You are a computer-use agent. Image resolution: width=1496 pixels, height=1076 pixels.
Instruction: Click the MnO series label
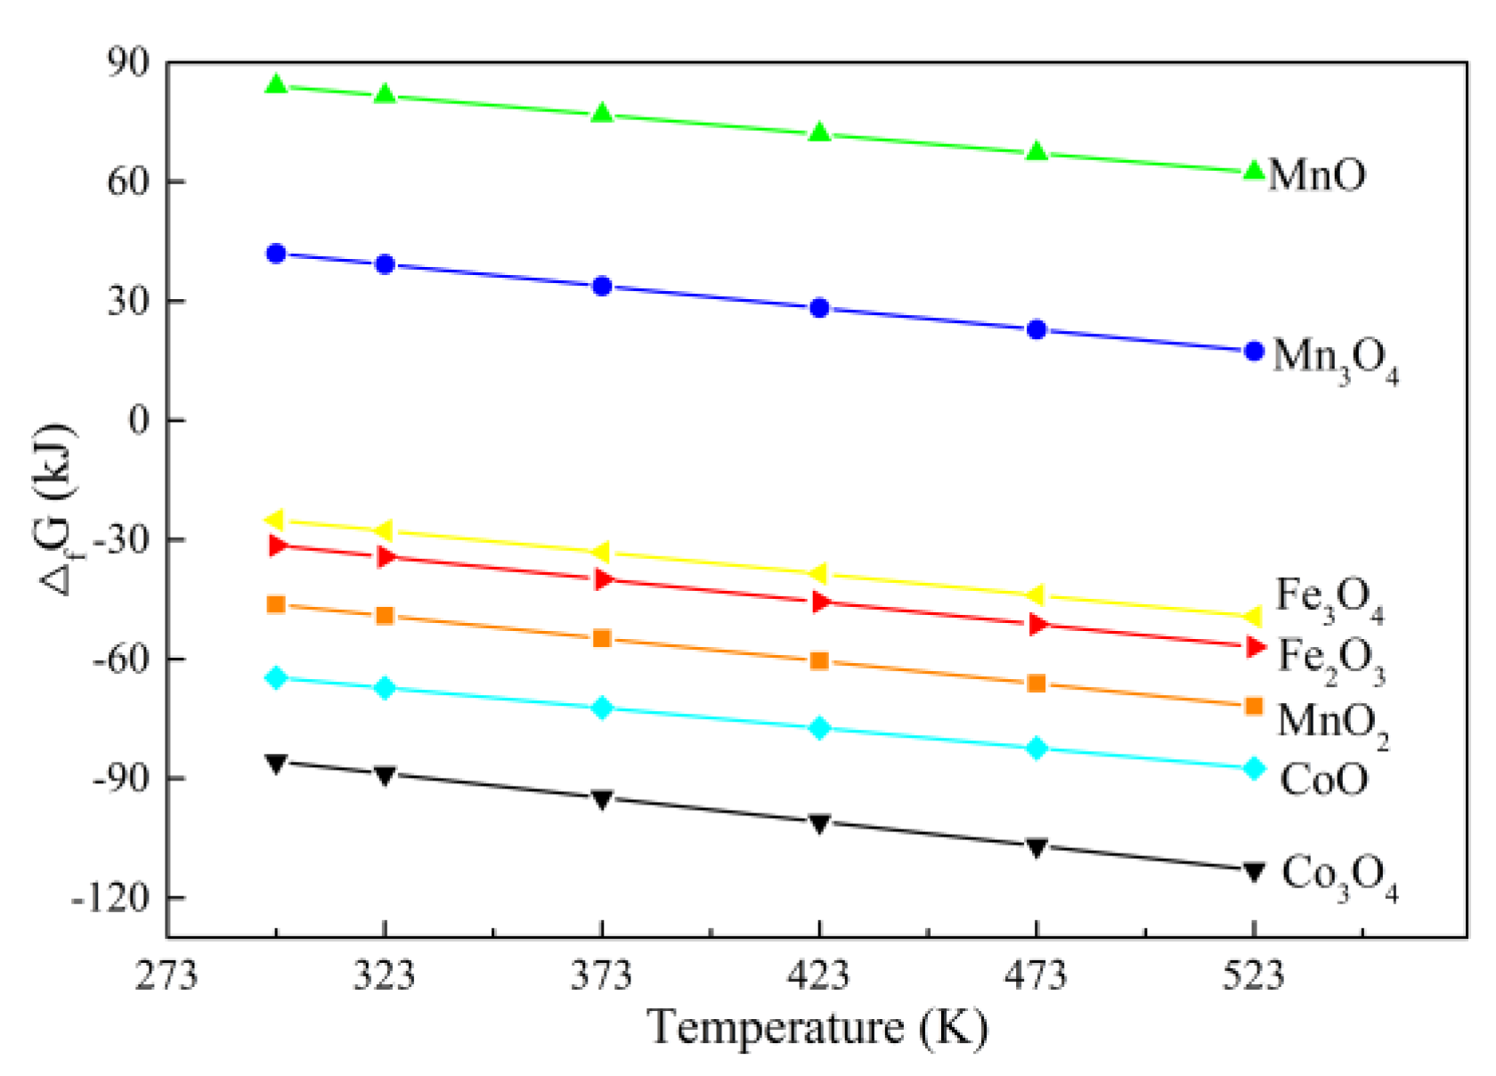coord(1316,174)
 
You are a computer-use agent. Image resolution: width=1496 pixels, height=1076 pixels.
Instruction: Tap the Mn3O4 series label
coord(1335,359)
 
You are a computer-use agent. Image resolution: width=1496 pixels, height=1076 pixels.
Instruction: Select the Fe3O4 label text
coord(1329,598)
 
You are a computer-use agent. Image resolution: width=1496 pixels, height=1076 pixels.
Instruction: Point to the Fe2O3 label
coord(1331,659)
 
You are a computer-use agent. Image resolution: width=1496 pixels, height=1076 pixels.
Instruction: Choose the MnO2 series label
coord(1332,722)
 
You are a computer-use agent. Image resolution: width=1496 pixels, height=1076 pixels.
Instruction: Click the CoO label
coord(1323,781)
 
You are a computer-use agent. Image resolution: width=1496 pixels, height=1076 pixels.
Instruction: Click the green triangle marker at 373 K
coord(602,113)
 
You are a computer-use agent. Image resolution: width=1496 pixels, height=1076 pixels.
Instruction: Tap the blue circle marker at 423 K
coord(819,308)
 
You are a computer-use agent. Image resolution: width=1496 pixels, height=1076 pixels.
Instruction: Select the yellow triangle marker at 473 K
coord(1036,595)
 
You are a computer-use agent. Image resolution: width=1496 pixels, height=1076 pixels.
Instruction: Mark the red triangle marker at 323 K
coord(386,557)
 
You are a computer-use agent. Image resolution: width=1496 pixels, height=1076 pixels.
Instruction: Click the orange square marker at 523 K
coord(1254,706)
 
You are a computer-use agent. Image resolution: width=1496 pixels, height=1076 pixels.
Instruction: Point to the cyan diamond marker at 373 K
coord(602,708)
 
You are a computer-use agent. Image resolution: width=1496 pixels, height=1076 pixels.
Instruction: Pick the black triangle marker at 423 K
coord(819,823)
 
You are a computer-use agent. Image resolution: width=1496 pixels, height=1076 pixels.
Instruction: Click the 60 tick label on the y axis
coord(128,182)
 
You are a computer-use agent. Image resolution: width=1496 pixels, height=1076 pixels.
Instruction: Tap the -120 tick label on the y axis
coord(111,897)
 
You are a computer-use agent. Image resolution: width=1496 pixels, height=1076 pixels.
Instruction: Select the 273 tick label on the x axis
coord(167,976)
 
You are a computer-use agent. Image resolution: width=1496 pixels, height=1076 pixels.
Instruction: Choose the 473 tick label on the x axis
coord(1036,976)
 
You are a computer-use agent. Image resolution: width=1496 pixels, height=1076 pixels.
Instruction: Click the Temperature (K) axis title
coord(817,1028)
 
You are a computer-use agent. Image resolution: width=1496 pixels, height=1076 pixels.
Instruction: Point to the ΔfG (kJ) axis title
coord(57,509)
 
